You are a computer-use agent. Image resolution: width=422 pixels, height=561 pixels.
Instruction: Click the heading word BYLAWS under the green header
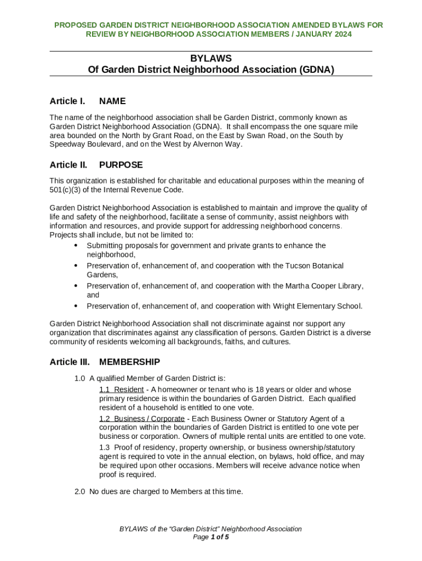[x=211, y=58]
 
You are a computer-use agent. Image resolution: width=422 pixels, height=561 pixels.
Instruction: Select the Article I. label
[x=67, y=101]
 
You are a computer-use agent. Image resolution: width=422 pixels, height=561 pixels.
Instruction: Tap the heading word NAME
[x=112, y=101]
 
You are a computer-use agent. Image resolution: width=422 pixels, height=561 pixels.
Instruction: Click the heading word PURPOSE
[x=121, y=165]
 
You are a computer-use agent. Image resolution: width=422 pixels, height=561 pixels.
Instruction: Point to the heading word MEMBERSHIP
[x=129, y=362]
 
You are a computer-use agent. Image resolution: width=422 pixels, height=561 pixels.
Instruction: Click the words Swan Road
[x=298, y=135]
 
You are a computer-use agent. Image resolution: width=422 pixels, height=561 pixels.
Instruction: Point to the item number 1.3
[x=105, y=448]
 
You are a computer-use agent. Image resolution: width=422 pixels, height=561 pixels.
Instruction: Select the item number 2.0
[x=80, y=491]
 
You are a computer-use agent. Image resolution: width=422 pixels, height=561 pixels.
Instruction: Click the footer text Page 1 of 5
[x=211, y=537]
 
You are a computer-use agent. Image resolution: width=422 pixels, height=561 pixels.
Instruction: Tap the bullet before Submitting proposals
[x=75, y=245]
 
